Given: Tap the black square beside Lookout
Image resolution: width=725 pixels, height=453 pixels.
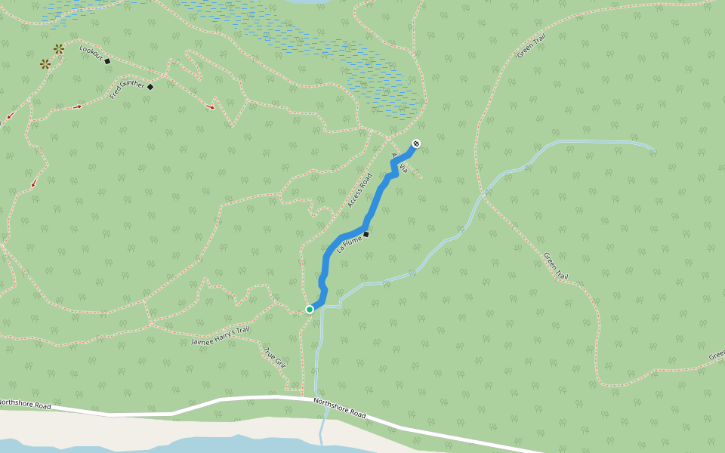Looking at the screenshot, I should pos(107,61).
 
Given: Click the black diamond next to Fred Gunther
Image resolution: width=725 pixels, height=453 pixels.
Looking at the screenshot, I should pos(150,87).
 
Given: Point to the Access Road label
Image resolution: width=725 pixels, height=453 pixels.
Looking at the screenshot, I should pos(360,191).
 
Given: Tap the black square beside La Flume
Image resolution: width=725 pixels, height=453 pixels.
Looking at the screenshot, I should pos(366,234).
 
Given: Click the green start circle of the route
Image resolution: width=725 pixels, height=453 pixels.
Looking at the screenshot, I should pos(310,310).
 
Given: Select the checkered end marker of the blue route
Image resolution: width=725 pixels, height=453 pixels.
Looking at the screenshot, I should pos(416,143).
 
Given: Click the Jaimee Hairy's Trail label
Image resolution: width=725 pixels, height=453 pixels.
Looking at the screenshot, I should pos(220,336).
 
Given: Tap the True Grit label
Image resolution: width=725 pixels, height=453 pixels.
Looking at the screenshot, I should pos(275,357).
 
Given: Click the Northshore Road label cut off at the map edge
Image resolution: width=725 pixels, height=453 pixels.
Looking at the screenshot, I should pos(25,405).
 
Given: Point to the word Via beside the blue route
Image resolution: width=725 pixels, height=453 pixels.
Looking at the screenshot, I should pos(404,167).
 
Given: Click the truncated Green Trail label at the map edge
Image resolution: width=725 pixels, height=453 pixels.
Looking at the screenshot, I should pos(717,355).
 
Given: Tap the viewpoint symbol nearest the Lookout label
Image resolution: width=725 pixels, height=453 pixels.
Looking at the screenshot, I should pos(58,49).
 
